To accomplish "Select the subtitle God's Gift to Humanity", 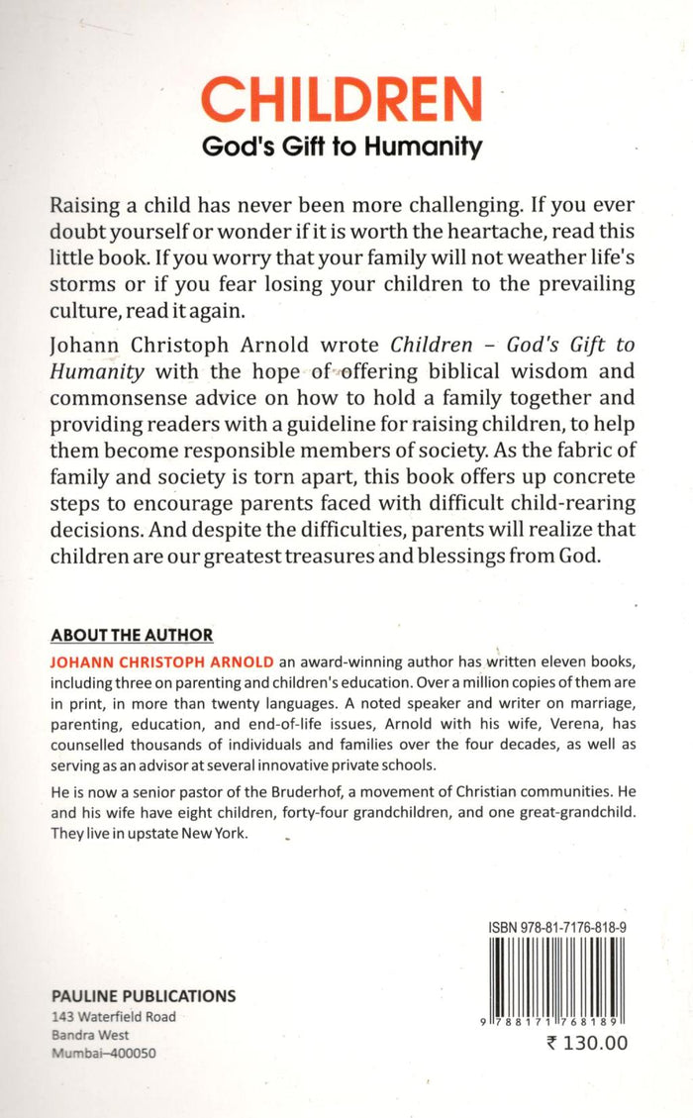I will pyautogui.click(x=342, y=147).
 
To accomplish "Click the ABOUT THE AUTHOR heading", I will pyautogui.click(x=132, y=635).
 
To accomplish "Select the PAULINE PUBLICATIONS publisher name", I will pyautogui.click(x=144, y=996).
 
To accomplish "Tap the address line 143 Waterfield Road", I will pyautogui.click(x=113, y=1017).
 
